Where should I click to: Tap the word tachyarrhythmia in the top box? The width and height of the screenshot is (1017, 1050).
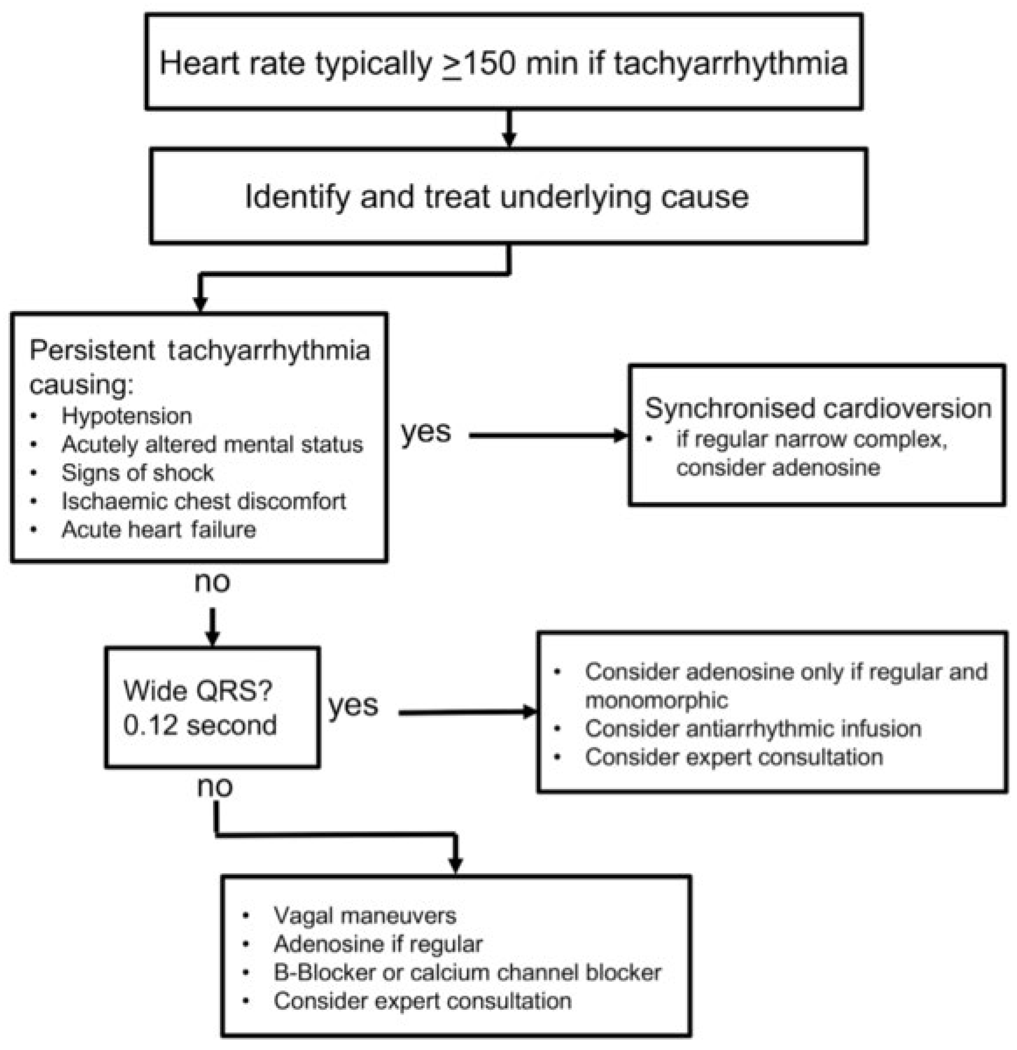point(731,63)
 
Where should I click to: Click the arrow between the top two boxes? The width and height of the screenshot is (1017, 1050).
point(509,129)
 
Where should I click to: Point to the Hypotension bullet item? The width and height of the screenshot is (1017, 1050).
point(126,416)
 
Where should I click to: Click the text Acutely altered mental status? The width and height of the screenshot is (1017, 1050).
point(212,444)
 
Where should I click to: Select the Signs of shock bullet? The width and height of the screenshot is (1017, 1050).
point(138,473)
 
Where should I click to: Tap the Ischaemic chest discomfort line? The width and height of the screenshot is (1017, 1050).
point(203,501)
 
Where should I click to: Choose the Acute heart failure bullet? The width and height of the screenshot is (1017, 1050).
point(158,530)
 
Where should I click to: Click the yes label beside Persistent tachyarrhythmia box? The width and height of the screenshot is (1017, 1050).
point(426,432)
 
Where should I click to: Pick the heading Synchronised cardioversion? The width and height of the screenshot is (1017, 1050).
point(817,408)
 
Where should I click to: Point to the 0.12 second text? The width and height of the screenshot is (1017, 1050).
point(200,725)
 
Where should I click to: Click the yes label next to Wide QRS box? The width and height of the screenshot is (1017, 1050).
point(353,706)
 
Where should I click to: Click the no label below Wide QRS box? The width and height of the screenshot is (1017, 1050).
point(215,787)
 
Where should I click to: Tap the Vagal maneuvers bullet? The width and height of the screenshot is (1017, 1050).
point(365,916)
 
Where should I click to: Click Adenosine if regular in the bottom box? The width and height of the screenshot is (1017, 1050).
point(378,945)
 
